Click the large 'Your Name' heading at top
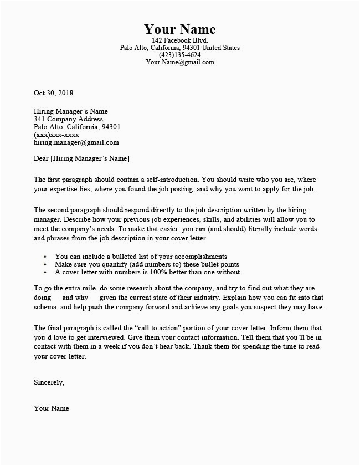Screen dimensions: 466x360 click(179, 29)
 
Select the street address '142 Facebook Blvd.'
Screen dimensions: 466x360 click(179, 41)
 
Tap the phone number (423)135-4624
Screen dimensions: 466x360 click(179, 55)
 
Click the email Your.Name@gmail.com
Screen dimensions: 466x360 click(179, 63)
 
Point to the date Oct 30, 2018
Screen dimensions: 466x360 click(54, 93)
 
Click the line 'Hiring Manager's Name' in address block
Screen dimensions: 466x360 click(71, 111)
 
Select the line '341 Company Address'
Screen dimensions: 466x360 click(68, 119)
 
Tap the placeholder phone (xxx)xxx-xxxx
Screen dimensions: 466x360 click(56, 135)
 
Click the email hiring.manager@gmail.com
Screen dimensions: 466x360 click(76, 142)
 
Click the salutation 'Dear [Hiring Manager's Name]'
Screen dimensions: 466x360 click(81, 160)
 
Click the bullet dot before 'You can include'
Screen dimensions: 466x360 click(44, 257)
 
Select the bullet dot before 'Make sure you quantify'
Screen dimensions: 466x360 click(44, 264)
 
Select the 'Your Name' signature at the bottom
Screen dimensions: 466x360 click(52, 409)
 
